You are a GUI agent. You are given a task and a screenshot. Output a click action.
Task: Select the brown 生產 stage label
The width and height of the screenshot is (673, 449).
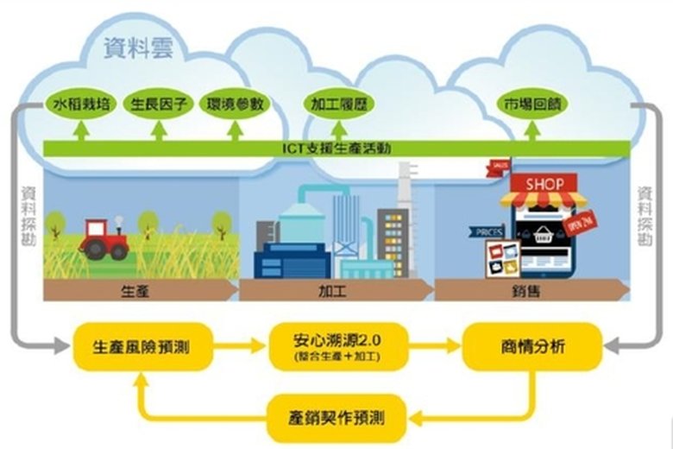point(138,291)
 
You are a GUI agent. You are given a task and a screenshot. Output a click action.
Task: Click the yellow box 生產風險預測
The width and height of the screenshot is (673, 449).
point(142,346)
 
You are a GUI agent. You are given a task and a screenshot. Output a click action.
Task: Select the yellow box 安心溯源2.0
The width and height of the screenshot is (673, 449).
point(337,346)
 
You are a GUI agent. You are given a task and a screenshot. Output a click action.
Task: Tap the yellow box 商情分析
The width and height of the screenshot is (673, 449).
point(531,346)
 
